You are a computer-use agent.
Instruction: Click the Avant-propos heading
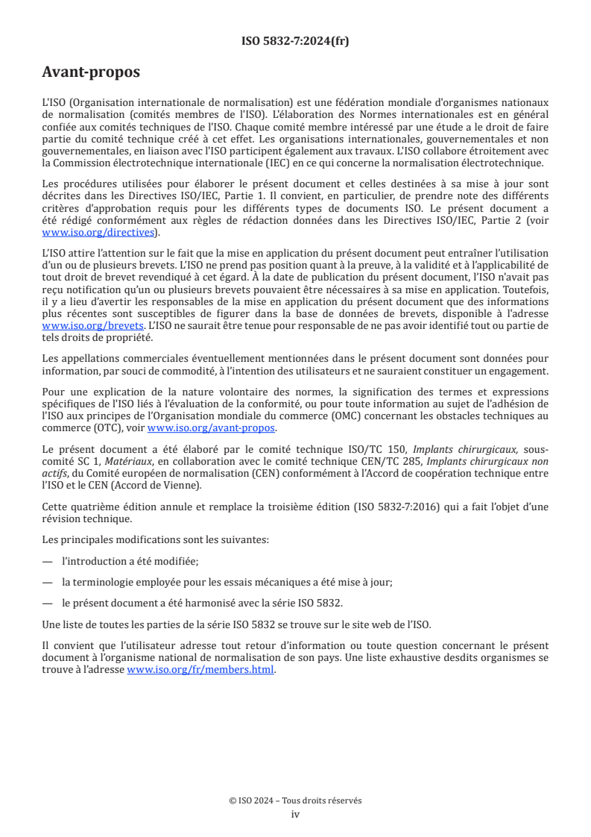tap(91, 73)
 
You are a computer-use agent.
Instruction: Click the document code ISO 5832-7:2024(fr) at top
tap(295, 41)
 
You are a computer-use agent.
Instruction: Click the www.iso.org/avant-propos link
tap(212, 428)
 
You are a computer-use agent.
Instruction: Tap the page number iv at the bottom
tap(295, 814)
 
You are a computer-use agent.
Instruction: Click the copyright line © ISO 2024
tap(295, 800)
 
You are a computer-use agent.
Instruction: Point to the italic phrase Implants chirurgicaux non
tap(470, 460)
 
